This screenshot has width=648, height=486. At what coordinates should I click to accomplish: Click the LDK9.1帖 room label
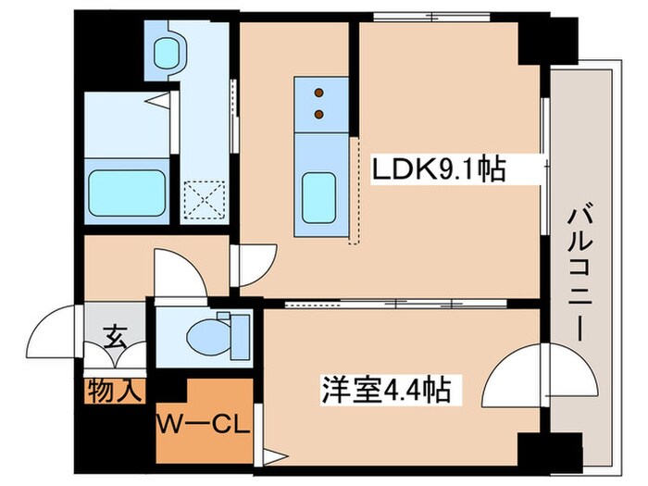coord(438,169)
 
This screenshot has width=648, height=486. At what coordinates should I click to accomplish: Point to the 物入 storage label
coord(115,390)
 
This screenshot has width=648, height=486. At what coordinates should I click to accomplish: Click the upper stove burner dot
coord(320,93)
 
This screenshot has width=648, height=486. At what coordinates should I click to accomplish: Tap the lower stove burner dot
coord(320,114)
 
